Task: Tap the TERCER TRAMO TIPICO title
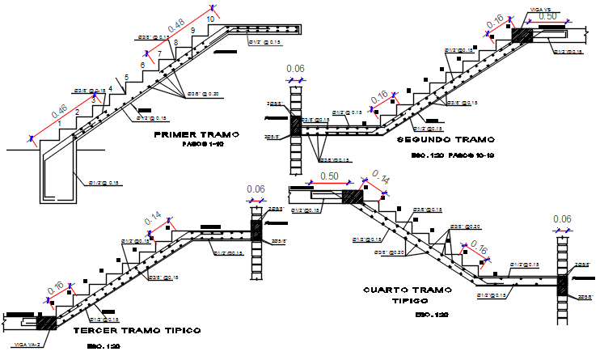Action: click(x=137, y=331)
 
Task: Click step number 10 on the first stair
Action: click(x=211, y=18)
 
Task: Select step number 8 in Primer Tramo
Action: click(x=175, y=42)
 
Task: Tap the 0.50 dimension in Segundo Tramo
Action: click(x=547, y=16)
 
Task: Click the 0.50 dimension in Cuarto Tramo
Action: click(x=328, y=176)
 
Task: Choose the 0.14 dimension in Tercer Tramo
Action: click(x=154, y=218)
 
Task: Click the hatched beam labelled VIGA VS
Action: click(x=520, y=36)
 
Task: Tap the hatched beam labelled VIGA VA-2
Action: click(x=45, y=321)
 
